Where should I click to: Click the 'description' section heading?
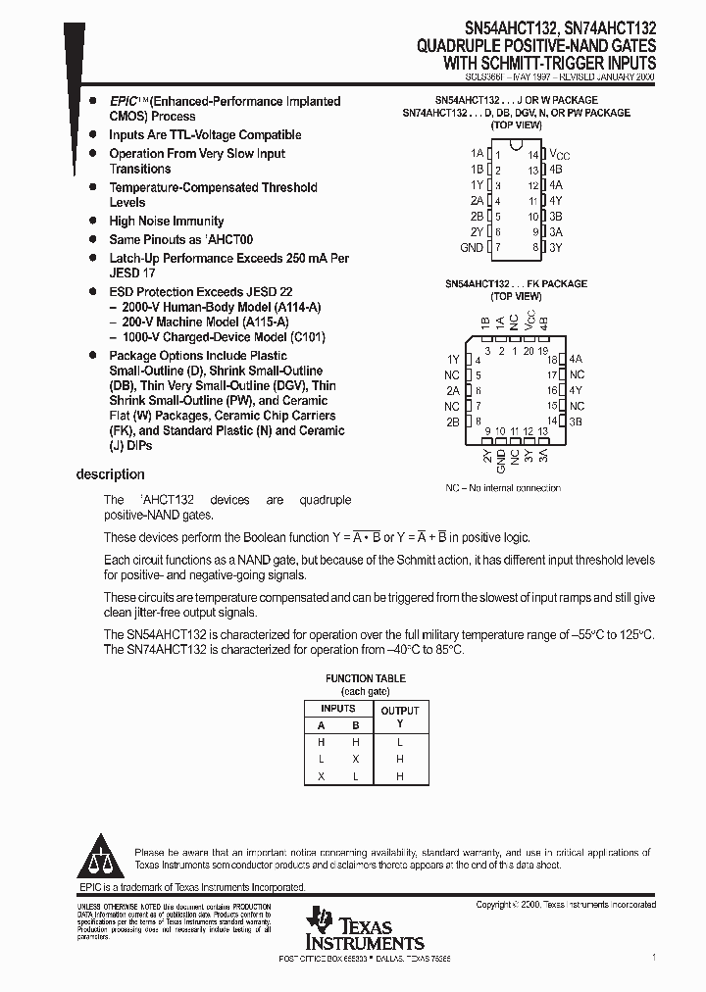[x=110, y=474]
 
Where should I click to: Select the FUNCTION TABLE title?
[x=365, y=678]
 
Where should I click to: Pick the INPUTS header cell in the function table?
[x=338, y=708]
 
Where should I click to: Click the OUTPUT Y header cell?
[x=399, y=717]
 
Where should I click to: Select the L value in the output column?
[x=399, y=742]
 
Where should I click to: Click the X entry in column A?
[x=320, y=775]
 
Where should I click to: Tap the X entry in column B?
[x=356, y=759]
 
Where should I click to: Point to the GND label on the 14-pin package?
[x=472, y=248]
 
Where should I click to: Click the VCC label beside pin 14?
[x=559, y=155]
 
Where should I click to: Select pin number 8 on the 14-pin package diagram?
[x=535, y=248]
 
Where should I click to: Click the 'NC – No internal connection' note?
[x=503, y=487]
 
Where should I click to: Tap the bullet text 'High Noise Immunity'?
[x=166, y=222]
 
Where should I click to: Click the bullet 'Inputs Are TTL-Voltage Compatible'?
[x=205, y=135]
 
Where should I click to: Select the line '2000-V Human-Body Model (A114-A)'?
[x=220, y=307]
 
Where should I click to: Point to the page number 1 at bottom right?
[x=653, y=957]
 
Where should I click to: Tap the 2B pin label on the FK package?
[x=452, y=422]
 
